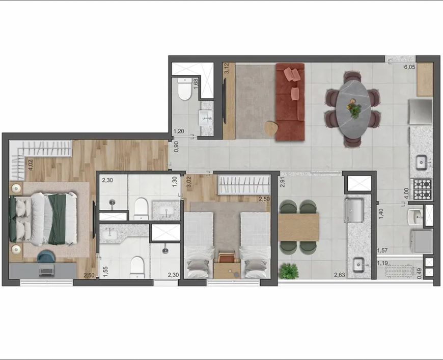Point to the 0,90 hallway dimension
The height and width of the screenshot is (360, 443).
pyautogui.click(x=176, y=147)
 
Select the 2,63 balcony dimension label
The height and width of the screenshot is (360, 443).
pyautogui.click(x=339, y=274)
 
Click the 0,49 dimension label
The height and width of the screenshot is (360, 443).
pyautogui.click(x=420, y=273)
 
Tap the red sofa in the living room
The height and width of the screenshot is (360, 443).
pyautogui.click(x=290, y=102)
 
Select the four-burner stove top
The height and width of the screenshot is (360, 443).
pyautogui.click(x=422, y=189)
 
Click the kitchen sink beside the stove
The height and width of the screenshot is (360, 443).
pyautogui.click(x=422, y=162)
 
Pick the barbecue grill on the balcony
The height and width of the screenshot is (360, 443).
pyautogui.click(x=353, y=210)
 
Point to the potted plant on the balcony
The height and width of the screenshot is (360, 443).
pyautogui.click(x=288, y=271)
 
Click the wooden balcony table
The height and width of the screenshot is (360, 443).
pyautogui.click(x=298, y=227)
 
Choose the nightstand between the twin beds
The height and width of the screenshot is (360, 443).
pyautogui.click(x=227, y=270)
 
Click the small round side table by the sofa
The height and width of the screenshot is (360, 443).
pyautogui.click(x=271, y=128)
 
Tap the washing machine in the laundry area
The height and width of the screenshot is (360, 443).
pyautogui.click(x=422, y=241)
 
